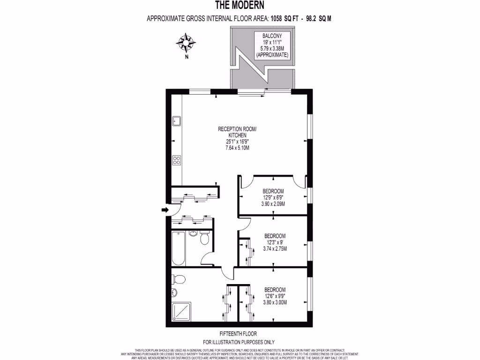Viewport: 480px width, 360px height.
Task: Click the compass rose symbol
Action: (186, 43)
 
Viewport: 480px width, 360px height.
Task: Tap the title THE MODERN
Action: (240, 6)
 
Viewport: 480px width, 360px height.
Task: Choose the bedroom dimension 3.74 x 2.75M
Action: (275, 248)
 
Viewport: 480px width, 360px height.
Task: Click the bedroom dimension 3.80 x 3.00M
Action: (274, 302)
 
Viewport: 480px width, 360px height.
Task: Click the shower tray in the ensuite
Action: (179, 312)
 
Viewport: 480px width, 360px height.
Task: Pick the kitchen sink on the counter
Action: (177, 121)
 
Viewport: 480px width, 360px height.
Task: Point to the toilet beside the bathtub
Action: (204, 239)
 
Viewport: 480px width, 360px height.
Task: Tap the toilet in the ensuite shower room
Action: (179, 279)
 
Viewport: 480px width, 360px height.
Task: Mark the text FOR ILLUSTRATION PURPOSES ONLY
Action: (239, 343)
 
